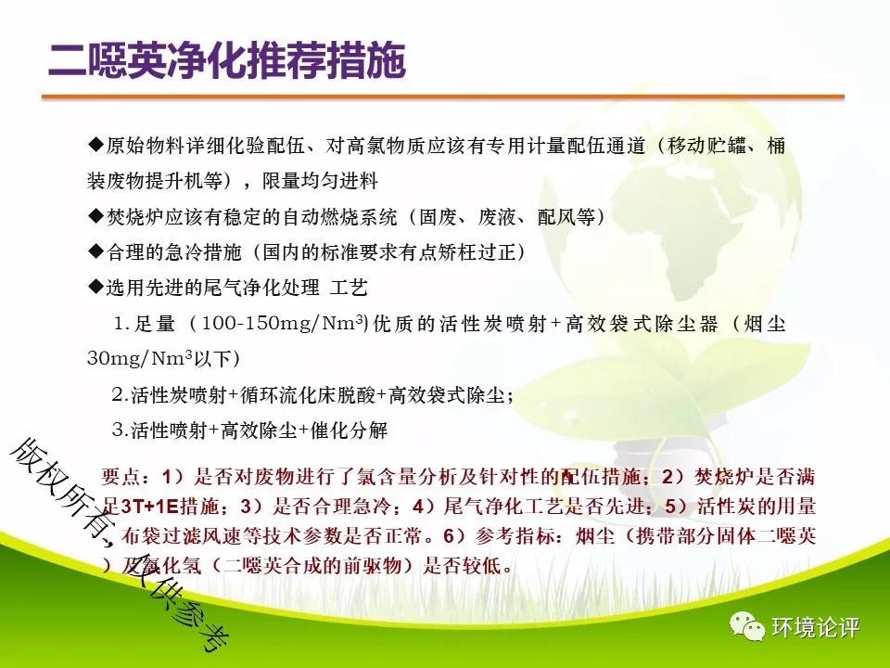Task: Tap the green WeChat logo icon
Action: point(747,626)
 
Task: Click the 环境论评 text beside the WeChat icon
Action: point(816,627)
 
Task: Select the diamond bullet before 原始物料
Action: point(95,146)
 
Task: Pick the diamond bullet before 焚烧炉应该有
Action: point(95,216)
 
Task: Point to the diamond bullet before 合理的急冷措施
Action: point(95,251)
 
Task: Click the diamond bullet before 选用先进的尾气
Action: point(95,288)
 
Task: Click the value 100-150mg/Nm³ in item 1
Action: point(282,323)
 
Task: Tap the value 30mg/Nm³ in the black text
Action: point(140,358)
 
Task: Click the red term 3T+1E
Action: point(150,506)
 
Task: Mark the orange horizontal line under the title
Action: point(443,97)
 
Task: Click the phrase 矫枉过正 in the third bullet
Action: point(476,251)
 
